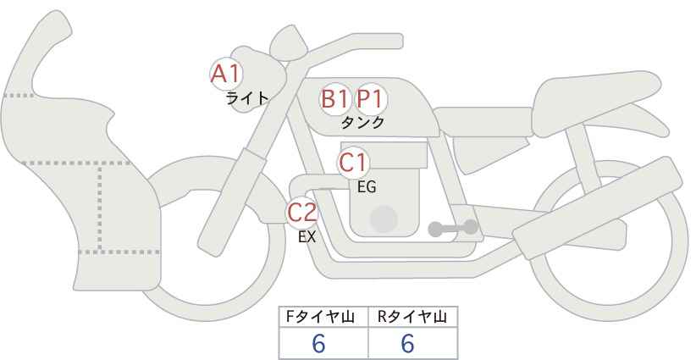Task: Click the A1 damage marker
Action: point(226,74)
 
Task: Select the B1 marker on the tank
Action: point(334,99)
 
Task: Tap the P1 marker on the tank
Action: point(370,99)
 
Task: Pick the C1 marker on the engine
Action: point(353,163)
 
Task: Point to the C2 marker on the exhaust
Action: point(301,213)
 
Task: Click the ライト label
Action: point(246,98)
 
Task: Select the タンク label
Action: point(362,123)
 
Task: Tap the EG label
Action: point(367,187)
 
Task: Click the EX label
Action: point(307,237)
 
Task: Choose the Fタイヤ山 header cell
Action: point(323,317)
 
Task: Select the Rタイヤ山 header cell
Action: point(413,317)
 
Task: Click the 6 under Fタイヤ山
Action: point(318,343)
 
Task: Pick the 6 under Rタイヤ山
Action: point(407,343)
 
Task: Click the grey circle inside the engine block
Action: point(384,219)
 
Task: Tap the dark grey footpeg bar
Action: point(453,228)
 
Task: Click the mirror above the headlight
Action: point(288,43)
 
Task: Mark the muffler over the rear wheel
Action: point(597,208)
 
